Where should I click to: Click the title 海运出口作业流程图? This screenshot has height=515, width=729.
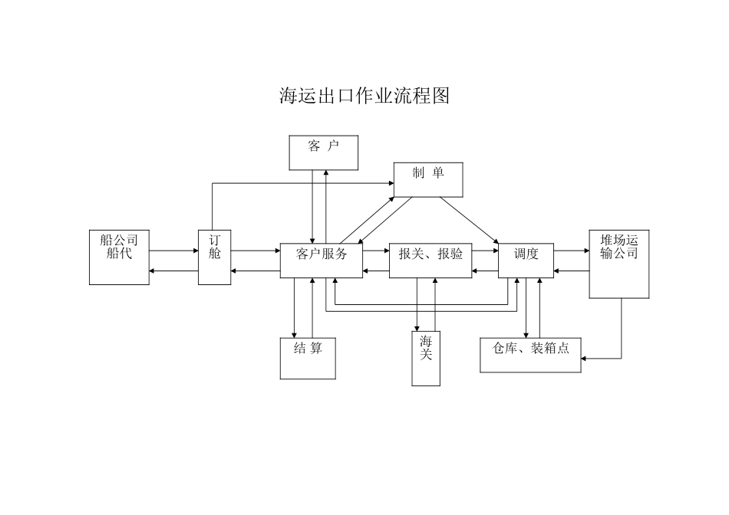pos(364,96)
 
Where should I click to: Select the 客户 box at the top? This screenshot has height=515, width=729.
pos(323,152)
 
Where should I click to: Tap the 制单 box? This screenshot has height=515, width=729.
pos(428,179)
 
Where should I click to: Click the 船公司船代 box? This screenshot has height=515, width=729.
pos(119,257)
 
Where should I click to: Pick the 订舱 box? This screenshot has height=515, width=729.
pos(214,257)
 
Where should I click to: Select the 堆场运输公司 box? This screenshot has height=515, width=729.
pos(618,264)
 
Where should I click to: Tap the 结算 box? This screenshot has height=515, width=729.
pos(308,358)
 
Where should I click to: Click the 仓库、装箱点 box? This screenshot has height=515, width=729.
pos(530,355)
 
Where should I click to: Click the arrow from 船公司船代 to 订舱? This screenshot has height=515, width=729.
pos(174,251)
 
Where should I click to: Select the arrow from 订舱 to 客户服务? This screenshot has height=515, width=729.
pos(255,251)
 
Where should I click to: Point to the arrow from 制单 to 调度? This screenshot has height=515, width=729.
pos(469,221)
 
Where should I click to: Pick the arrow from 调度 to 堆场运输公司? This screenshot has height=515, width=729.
pos(571,251)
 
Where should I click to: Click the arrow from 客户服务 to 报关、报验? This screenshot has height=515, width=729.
pos(376,251)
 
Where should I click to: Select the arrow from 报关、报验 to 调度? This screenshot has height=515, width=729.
pos(485,251)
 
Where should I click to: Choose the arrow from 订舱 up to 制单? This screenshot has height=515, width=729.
pos(299,184)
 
